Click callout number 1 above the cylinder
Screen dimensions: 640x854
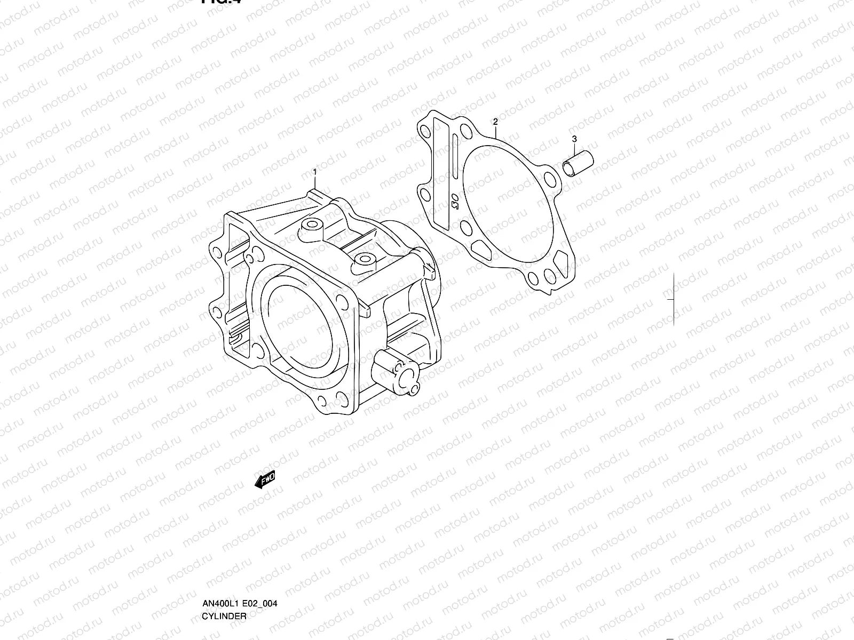coord(315,172)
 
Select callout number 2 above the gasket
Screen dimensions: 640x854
coord(495,122)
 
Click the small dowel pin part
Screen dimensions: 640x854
coord(578,163)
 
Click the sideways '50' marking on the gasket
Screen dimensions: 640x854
coord(454,201)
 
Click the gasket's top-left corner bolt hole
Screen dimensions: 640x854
coord(425,132)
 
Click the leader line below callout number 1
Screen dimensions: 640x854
coord(315,184)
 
